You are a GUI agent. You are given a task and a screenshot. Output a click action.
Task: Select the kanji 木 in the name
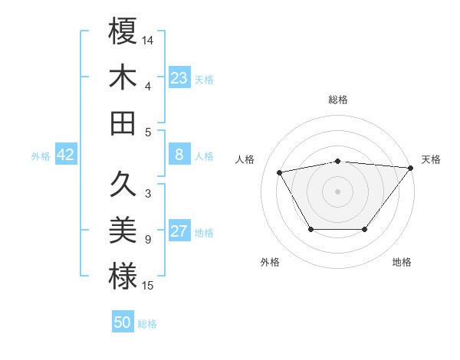[x=123, y=77]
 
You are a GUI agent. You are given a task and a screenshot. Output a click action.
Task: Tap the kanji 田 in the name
[x=123, y=123]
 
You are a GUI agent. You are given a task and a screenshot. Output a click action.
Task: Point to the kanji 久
[x=123, y=184]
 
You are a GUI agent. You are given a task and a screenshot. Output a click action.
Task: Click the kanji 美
[x=123, y=231]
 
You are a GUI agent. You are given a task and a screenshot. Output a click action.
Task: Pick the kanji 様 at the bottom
[x=123, y=276]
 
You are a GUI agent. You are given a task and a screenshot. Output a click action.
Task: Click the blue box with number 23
[x=179, y=78]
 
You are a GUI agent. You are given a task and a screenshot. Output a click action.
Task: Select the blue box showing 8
[x=179, y=155]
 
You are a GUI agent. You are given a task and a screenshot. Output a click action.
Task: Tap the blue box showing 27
[x=179, y=231]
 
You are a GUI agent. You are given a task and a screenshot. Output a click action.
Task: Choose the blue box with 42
[x=66, y=155]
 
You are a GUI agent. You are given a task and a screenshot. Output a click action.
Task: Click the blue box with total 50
[x=123, y=322]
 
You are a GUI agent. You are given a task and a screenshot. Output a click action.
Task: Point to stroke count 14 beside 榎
[x=148, y=39]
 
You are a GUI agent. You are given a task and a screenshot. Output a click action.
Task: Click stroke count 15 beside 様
[x=148, y=286]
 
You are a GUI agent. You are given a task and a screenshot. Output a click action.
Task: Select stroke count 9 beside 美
[x=147, y=241]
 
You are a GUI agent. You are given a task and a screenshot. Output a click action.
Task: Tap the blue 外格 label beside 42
[x=41, y=155]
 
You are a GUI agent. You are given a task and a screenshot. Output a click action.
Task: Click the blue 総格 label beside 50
[x=147, y=324]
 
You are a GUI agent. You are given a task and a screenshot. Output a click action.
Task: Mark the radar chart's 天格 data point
[x=410, y=168]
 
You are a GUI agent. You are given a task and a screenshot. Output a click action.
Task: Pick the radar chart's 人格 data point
[x=280, y=172]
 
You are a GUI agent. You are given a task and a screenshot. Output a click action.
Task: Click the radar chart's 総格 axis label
[x=338, y=100]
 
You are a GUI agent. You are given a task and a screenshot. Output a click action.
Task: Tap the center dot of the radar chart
[x=338, y=191]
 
